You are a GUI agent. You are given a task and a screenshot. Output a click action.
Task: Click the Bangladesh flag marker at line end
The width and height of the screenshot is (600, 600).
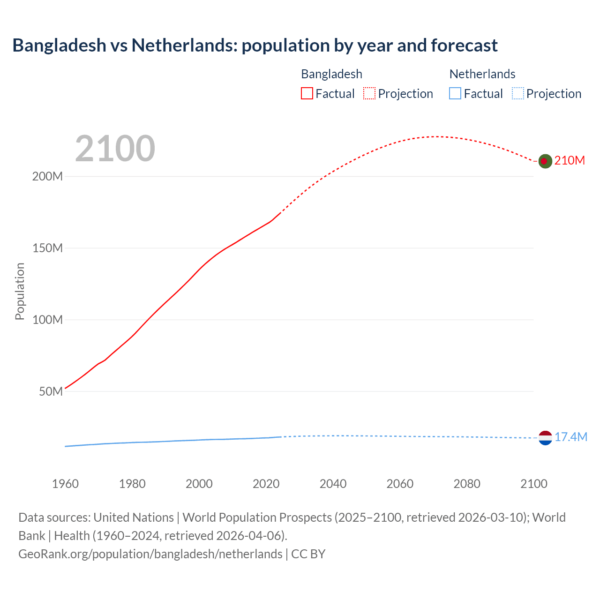click(545, 161)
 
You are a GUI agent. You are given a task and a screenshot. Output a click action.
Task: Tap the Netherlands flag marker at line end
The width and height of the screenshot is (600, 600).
click(545, 438)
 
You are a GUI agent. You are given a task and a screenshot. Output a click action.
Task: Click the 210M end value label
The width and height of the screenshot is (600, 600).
click(570, 161)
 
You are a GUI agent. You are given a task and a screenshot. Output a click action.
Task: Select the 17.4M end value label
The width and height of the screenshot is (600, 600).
click(570, 437)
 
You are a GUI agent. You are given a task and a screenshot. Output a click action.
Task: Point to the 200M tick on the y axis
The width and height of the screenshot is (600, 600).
click(47, 177)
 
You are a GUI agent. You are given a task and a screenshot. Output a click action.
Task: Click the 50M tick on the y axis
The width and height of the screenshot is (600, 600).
click(51, 391)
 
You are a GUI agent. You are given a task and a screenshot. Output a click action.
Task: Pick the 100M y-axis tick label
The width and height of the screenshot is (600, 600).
click(47, 320)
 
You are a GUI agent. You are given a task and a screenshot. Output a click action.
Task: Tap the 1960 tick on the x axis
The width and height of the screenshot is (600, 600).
click(65, 484)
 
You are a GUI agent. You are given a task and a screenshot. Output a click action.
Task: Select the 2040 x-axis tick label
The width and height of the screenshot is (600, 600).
click(333, 484)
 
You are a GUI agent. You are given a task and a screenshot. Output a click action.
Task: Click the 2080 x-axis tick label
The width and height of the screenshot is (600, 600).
click(467, 484)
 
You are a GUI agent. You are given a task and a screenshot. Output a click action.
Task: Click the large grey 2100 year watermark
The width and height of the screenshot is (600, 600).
click(115, 149)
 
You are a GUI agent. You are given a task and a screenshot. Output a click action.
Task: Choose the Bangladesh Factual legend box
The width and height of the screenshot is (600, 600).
click(307, 93)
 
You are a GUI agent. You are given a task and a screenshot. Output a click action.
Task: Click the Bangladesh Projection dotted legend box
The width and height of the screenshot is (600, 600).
click(369, 93)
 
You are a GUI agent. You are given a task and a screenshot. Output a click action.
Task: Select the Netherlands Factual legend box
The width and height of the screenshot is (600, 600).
click(455, 93)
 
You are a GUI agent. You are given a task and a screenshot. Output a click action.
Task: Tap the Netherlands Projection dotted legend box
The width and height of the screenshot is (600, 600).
click(517, 93)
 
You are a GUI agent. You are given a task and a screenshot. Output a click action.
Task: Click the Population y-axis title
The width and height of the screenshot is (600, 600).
click(20, 291)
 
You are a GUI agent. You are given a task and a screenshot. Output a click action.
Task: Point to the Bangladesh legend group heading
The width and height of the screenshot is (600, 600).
click(331, 74)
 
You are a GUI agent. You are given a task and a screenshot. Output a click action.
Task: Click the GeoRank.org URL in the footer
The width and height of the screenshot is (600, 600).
click(150, 554)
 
